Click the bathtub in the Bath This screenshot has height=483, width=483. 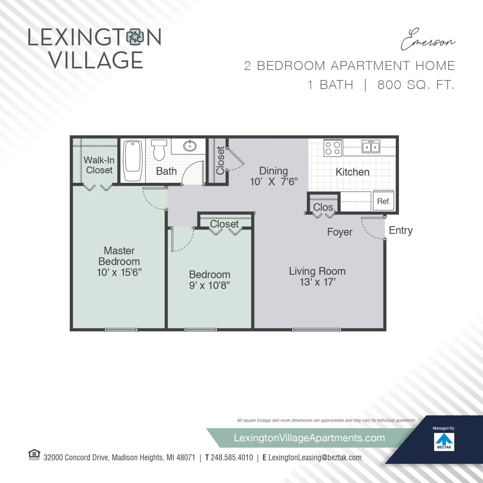[x=132, y=161]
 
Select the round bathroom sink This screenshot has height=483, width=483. [x=189, y=146]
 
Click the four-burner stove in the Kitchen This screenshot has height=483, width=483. [x=332, y=148]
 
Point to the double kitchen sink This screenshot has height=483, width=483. [x=371, y=147]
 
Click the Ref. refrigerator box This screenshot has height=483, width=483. [x=383, y=201]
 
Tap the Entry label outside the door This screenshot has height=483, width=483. [x=400, y=230]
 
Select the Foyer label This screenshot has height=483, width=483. [x=340, y=232]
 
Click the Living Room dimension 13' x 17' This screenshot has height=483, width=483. [x=317, y=282]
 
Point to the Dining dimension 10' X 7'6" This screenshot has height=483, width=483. [x=274, y=182]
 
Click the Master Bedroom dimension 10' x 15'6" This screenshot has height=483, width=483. [x=119, y=272]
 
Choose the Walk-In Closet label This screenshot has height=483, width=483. [x=99, y=165]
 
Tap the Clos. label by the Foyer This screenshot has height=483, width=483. [x=324, y=207]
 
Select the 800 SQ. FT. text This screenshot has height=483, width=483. [x=415, y=85]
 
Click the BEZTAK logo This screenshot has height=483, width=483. [x=444, y=441]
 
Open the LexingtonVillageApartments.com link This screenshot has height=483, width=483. [x=309, y=438]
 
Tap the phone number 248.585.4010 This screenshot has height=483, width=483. [x=232, y=457]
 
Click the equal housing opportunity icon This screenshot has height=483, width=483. [x=34, y=455]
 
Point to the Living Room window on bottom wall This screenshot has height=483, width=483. [x=316, y=330]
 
